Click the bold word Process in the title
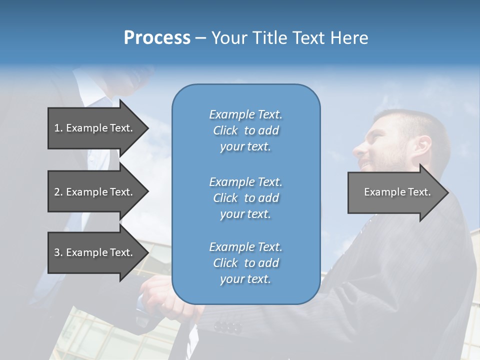click(x=157, y=38)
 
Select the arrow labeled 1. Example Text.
click(x=93, y=128)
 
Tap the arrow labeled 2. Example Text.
click(x=93, y=192)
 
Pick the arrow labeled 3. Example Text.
click(x=93, y=252)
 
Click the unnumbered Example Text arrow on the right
click(x=397, y=192)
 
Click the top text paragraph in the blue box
click(x=245, y=130)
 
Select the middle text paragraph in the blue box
click(x=245, y=198)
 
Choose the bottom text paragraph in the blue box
click(x=245, y=263)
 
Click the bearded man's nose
click(x=358, y=148)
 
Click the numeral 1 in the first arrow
click(x=57, y=128)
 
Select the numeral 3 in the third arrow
click(x=57, y=252)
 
